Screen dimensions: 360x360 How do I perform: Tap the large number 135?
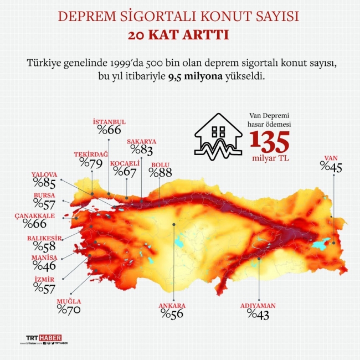pos(269,142)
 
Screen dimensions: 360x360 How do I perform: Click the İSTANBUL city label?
pos(109,122)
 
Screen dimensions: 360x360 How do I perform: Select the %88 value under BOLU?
pos(161,173)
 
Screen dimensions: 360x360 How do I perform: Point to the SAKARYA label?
pos(141,141)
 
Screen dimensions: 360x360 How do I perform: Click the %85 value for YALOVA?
pos(44,182)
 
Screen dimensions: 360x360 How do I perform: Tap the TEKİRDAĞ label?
pos(90,155)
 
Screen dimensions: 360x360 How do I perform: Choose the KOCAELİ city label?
pos(125,163)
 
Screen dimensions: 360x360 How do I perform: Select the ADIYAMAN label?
pos(258,305)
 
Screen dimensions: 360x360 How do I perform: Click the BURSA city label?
pos(44,196)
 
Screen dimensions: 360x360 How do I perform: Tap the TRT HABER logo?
pos(44,337)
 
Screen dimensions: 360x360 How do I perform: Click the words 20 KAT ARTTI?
pos(179,35)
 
